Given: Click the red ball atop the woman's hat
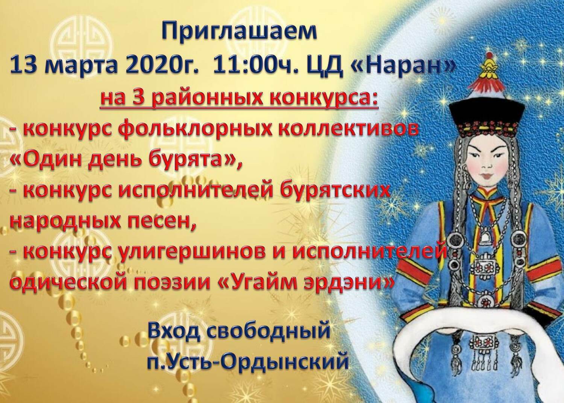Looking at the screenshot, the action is pos(489,55).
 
